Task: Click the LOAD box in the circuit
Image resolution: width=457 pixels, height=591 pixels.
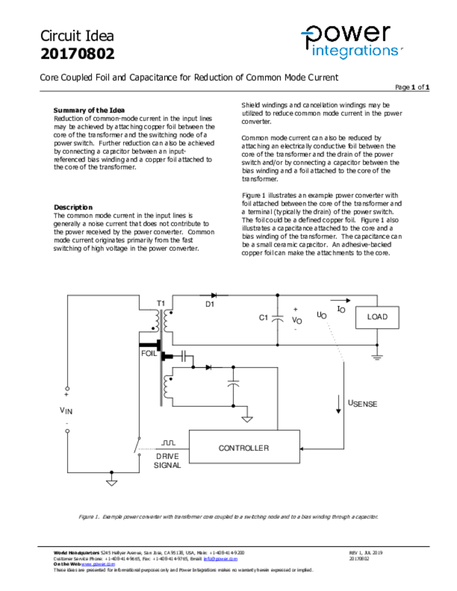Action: tap(377, 317)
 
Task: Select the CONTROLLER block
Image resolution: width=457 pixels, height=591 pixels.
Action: tap(244, 447)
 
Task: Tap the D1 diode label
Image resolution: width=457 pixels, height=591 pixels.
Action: tap(210, 304)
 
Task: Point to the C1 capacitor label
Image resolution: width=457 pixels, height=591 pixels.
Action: tap(263, 318)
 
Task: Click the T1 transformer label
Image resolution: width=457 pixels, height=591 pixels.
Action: tap(161, 304)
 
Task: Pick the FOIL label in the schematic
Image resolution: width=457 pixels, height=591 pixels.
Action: tap(148, 354)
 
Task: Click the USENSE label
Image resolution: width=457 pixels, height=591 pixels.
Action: tap(362, 403)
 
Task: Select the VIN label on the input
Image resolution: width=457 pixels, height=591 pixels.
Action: tap(66, 410)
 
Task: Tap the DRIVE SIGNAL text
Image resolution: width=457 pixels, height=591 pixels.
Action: tap(167, 461)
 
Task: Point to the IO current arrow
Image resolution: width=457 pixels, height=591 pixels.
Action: tap(340, 300)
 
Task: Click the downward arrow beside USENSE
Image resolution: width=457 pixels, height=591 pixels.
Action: tap(339, 405)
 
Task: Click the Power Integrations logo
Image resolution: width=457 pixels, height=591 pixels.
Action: tap(351, 42)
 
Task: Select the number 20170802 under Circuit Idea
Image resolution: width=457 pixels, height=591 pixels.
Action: tap(77, 54)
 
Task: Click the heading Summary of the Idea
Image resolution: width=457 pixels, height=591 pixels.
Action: tap(89, 110)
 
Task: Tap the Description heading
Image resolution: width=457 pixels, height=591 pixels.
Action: tap(73, 207)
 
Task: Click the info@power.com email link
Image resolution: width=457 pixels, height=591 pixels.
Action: tap(220, 559)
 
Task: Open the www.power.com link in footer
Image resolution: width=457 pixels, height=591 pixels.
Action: tap(98, 564)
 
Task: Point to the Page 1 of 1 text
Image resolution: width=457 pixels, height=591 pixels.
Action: tap(412, 87)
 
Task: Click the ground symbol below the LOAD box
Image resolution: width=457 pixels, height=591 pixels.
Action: tap(377, 357)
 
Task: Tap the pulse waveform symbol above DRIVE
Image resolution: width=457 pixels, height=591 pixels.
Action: tap(168, 443)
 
